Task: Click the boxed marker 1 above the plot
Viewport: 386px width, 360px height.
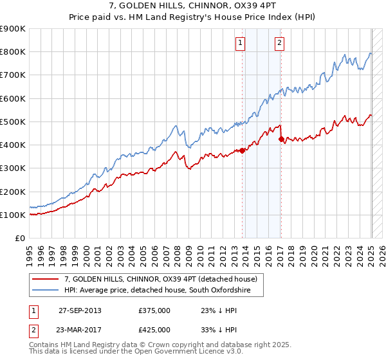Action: pos(240,43)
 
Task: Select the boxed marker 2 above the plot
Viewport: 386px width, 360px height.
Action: pos(280,43)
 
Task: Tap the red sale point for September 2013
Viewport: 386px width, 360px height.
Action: pos(243,151)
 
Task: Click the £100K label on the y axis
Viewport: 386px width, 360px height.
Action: pos(12,215)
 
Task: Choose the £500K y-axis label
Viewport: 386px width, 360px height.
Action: pos(12,122)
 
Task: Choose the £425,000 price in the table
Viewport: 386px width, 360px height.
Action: pos(154,330)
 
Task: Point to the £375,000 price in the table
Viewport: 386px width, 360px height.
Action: pos(154,310)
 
